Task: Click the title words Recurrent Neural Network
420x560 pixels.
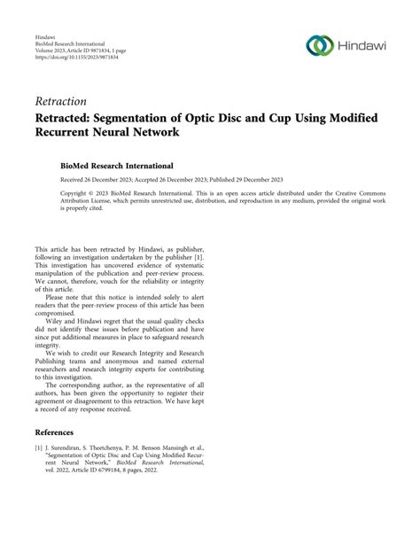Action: click(x=128, y=134)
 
